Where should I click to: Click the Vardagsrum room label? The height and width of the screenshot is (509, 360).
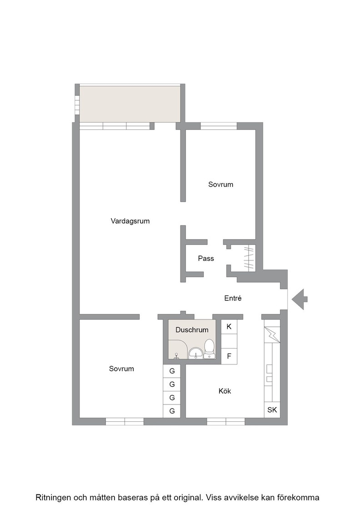[x=130, y=221]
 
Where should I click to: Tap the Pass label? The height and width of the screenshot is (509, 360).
[x=206, y=259]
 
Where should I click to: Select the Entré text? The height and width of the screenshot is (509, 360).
[x=233, y=298]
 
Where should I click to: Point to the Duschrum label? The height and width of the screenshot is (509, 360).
[x=192, y=330]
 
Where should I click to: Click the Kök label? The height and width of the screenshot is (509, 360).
[x=225, y=391]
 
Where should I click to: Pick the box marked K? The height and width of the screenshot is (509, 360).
[x=229, y=327]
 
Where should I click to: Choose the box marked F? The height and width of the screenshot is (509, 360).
[x=229, y=356]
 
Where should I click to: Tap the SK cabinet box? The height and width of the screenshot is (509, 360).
[x=272, y=409]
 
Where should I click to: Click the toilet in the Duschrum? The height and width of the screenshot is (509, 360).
[x=210, y=349]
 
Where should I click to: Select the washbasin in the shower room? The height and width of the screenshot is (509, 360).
[x=196, y=353]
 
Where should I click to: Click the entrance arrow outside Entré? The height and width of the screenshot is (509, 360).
[x=299, y=299]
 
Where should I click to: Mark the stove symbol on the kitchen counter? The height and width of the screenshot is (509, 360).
[x=269, y=374]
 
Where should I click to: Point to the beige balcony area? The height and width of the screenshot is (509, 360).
[x=130, y=104]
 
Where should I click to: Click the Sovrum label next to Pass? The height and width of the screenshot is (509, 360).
[x=221, y=185]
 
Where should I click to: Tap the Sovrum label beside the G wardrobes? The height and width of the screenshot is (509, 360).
[x=121, y=369]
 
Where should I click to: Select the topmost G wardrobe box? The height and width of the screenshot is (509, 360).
[x=172, y=371]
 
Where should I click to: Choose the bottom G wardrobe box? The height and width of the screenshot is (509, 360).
[x=172, y=411]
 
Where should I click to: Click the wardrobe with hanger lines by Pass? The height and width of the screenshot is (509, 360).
[x=249, y=258]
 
